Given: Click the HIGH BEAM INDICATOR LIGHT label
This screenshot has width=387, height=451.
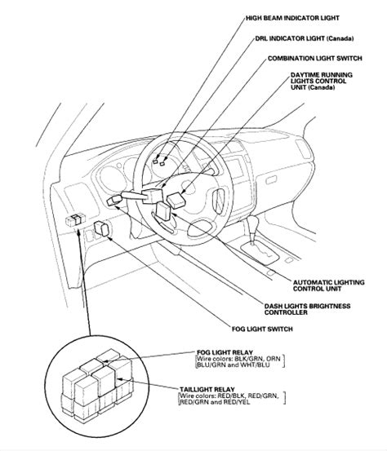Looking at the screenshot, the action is [292, 18].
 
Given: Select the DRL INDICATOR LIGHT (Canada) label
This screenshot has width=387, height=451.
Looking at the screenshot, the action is [305, 38].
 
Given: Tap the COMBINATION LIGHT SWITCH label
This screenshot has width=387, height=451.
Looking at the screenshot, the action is [314, 59].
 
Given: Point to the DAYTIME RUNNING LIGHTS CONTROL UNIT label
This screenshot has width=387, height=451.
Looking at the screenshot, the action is [322, 81].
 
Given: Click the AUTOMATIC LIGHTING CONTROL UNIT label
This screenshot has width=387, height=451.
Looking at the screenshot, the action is [328, 285].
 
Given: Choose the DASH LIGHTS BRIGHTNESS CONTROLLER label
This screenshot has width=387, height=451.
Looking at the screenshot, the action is [307, 309].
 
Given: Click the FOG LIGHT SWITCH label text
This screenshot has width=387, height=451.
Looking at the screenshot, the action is [262, 329].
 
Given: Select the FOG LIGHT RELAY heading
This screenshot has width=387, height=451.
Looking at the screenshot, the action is [225, 352].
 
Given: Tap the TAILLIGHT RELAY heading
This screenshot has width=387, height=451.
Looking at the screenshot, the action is [207, 390].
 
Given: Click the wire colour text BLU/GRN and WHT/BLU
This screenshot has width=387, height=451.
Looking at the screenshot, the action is [233, 365].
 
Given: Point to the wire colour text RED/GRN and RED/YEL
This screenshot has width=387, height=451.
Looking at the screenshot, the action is [215, 402].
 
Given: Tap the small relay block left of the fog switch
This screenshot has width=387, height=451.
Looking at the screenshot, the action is [75, 219].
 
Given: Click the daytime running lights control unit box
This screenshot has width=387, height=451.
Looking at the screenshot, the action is [176, 200].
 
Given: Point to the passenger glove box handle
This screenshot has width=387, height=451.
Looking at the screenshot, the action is [271, 180].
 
